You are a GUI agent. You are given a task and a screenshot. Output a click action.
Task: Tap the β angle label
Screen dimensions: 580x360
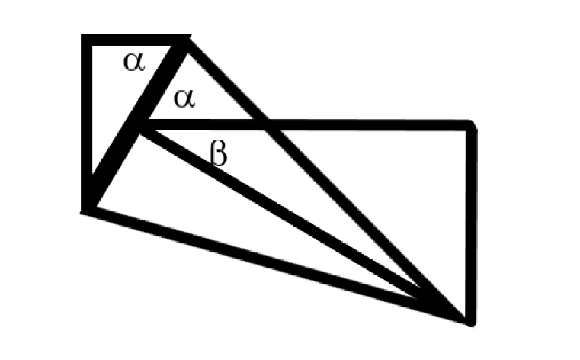tap(219, 155)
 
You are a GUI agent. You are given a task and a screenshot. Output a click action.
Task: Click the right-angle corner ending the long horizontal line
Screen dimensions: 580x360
tap(472, 125)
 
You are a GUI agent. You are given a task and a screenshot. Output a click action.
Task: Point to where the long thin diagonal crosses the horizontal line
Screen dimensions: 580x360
tap(264, 125)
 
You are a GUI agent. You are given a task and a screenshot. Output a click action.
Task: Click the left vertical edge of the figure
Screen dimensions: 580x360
tap(85, 122)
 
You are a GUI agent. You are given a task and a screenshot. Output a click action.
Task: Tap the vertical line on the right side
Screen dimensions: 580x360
tap(472, 221)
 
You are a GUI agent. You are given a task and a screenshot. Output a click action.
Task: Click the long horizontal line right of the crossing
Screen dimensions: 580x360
tap(366, 125)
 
